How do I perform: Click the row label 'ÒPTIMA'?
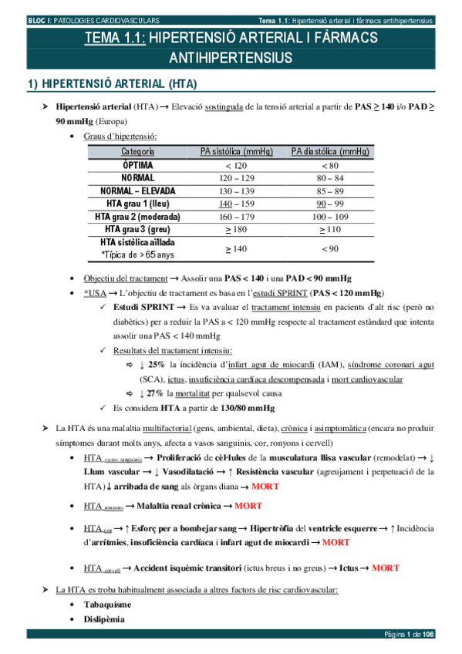tap(137, 165)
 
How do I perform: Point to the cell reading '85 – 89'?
tap(329, 190)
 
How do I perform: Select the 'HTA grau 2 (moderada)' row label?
tap(137, 217)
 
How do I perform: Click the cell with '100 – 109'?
tap(329, 217)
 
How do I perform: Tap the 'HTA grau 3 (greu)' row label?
tap(137, 230)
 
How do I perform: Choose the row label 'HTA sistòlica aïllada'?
tap(137, 243)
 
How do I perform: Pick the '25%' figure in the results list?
tap(156, 365)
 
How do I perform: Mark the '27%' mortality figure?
tap(156, 393)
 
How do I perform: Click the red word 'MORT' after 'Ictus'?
tap(385, 568)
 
